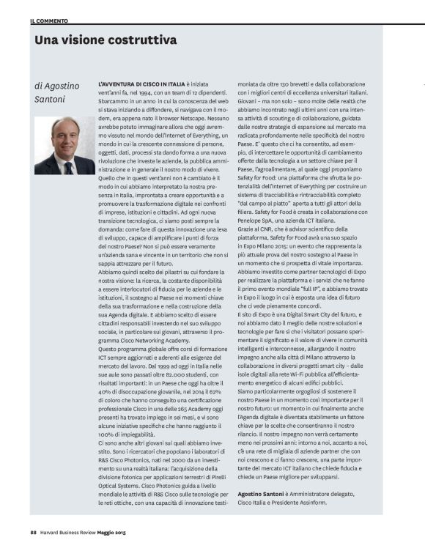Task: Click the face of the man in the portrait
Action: click(x=64, y=134)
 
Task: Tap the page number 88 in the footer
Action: click(x=34, y=532)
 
